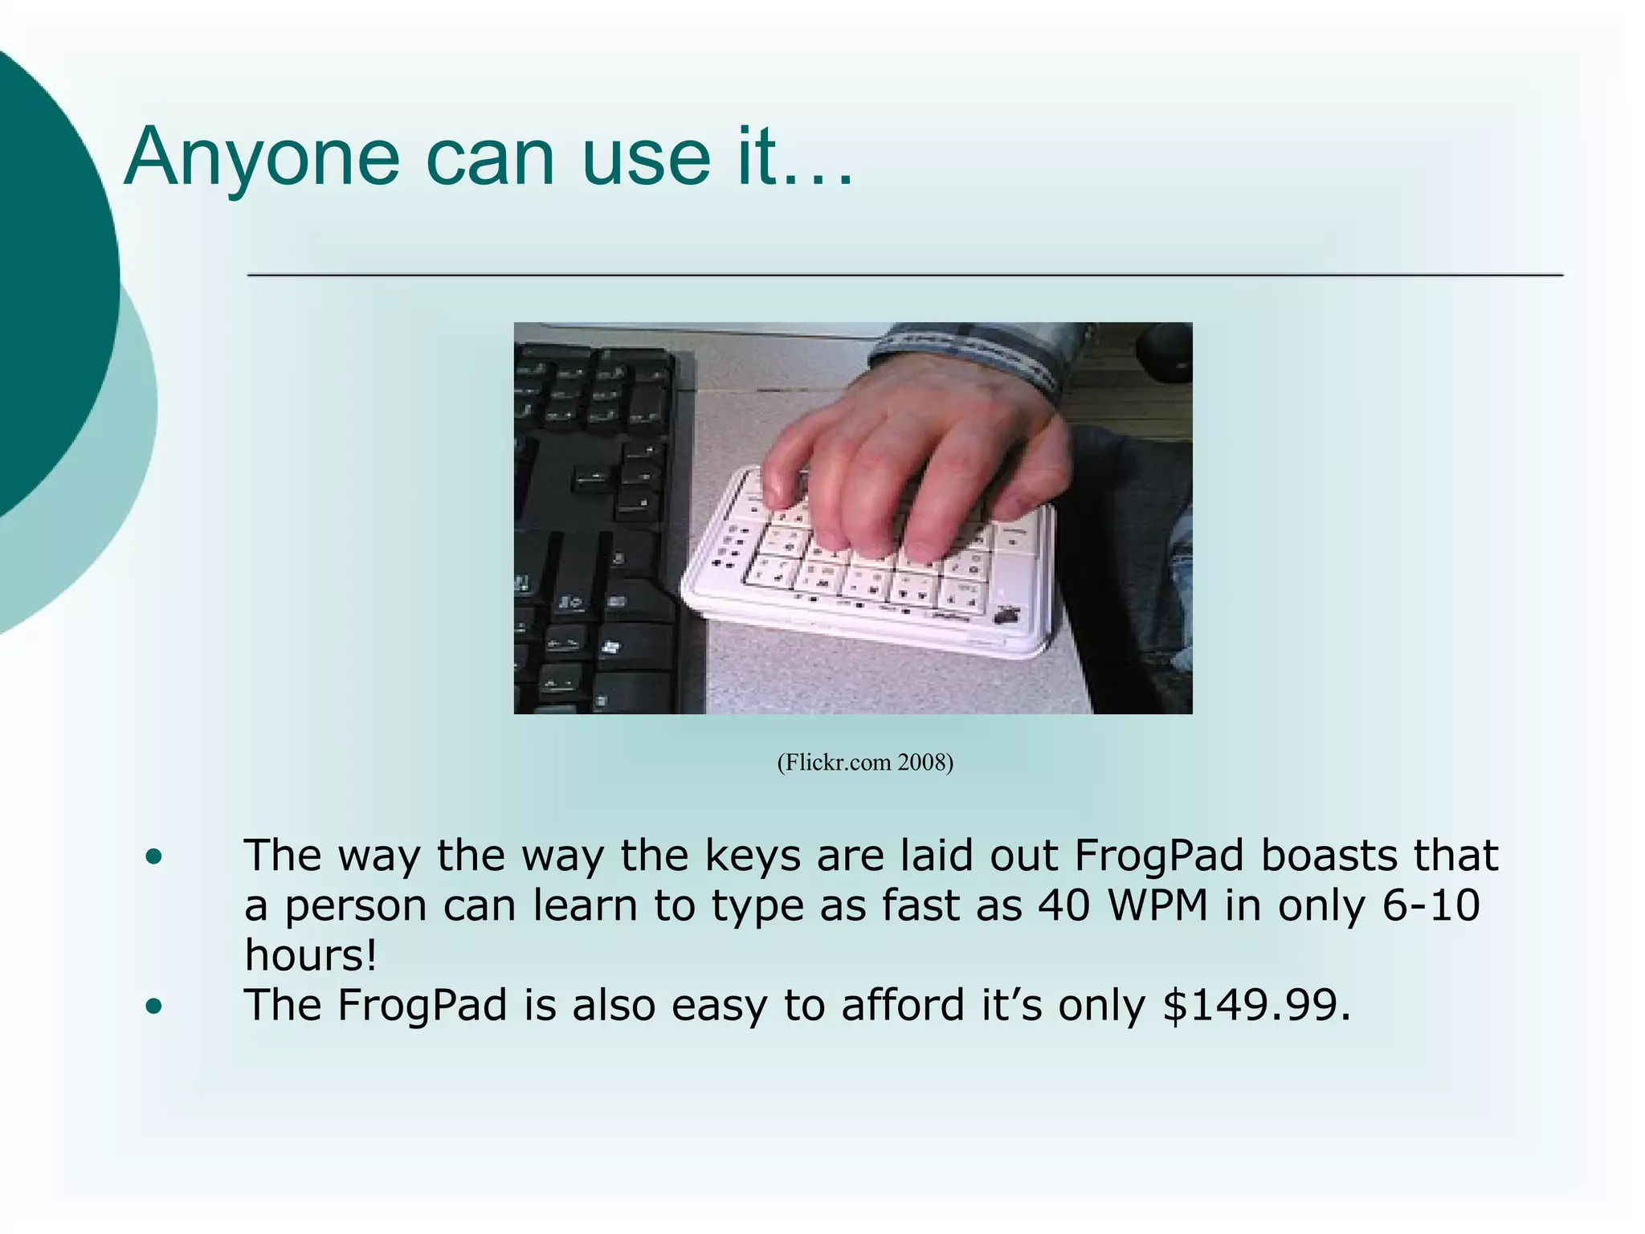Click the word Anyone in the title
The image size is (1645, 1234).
click(262, 158)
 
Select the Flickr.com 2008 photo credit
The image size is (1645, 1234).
click(864, 762)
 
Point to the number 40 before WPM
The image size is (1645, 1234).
click(1063, 905)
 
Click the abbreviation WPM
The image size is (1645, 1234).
click(1157, 905)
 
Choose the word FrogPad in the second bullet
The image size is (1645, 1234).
click(422, 1006)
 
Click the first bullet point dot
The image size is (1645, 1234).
click(154, 857)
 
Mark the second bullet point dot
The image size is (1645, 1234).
click(154, 1006)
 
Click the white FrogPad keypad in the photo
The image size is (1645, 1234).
click(867, 595)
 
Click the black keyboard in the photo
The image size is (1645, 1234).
click(594, 522)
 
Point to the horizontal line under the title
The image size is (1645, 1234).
click(905, 275)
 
